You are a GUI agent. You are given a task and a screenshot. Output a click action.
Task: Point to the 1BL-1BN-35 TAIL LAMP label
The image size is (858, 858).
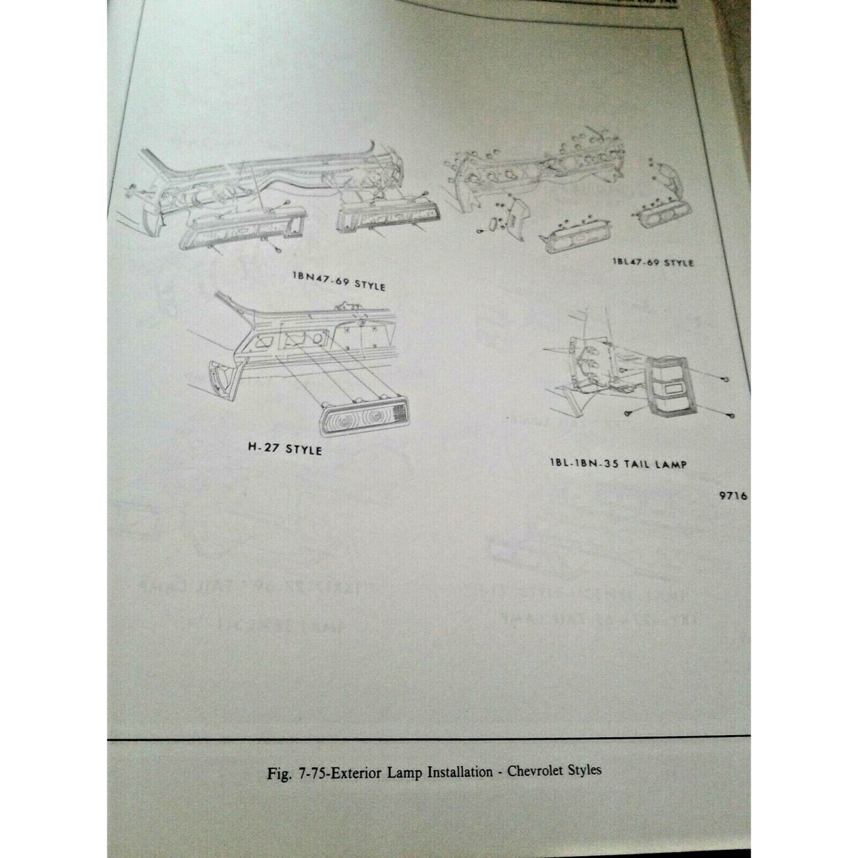[x=618, y=463]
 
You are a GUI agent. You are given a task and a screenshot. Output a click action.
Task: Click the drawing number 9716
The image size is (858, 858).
[x=732, y=496]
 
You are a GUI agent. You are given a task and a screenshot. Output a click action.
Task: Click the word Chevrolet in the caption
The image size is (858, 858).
[x=532, y=772]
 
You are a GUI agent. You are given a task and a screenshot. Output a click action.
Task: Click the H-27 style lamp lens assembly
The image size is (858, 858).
[x=363, y=420]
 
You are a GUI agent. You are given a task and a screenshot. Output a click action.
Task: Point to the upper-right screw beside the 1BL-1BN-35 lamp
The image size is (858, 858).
[x=725, y=379]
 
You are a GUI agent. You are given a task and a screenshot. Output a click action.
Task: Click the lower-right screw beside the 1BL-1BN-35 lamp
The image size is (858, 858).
[x=731, y=416]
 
